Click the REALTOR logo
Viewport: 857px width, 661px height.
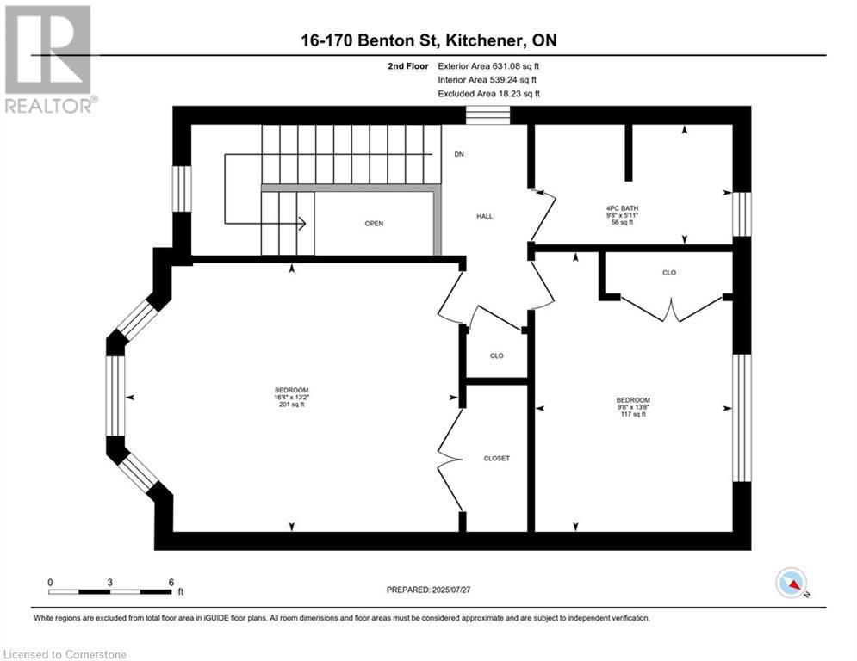pos(49,59)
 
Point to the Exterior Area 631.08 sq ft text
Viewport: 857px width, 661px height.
pos(488,66)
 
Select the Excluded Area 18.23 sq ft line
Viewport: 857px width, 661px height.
pos(488,94)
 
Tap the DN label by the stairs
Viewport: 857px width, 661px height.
pos(459,154)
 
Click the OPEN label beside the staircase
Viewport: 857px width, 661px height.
pos(374,224)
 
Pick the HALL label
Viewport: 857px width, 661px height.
pos(484,216)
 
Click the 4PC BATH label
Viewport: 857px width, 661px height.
pos(622,208)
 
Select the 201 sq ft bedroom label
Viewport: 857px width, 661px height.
pos(291,397)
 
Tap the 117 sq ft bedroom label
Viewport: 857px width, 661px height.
pos(633,407)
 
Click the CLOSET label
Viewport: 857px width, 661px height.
pos(496,459)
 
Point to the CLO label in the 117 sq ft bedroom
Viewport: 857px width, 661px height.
pos(669,273)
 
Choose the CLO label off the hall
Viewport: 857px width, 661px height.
pos(496,355)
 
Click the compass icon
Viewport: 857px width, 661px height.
pos(792,583)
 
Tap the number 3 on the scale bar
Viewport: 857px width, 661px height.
pos(110,583)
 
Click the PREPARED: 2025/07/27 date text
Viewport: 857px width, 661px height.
pos(429,590)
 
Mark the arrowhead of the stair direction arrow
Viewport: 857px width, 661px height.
pos(301,223)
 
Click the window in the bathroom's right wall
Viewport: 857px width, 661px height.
pos(742,214)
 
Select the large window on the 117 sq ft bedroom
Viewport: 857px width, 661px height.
pos(742,418)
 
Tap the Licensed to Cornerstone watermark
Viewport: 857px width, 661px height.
pos(65,654)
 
